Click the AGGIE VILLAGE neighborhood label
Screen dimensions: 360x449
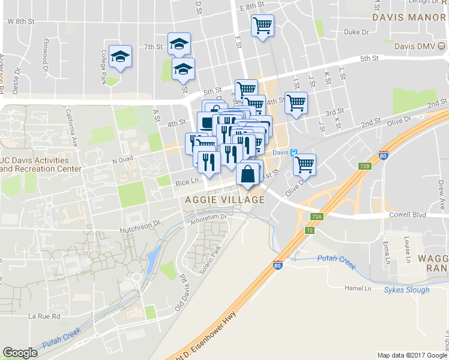tap(225, 199)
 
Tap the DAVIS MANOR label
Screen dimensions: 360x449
tap(409, 17)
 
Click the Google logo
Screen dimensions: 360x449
tap(20, 353)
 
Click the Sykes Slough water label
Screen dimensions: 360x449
tap(406, 290)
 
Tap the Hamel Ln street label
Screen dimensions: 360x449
tap(360, 288)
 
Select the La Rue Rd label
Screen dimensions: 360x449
tap(44, 316)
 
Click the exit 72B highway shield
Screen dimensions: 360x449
tap(364, 165)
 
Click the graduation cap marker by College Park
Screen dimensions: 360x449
tap(121, 57)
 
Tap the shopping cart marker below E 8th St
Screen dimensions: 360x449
tap(262, 26)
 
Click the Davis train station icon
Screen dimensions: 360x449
tap(294, 153)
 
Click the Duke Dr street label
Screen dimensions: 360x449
tap(356, 32)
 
